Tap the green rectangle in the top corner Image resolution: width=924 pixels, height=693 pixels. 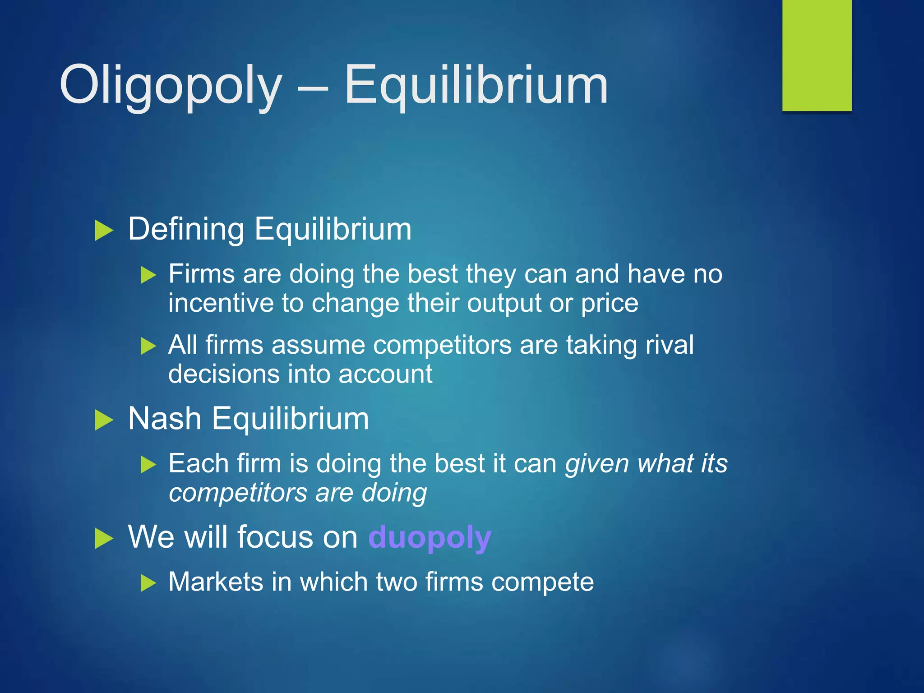point(817,55)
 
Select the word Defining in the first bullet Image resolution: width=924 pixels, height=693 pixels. point(186,229)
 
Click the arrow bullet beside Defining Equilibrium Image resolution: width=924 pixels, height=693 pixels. point(104,231)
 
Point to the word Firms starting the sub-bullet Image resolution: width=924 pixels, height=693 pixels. point(201,274)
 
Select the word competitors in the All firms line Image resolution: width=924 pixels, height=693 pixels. point(442,346)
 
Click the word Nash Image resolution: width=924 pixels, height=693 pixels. point(164,419)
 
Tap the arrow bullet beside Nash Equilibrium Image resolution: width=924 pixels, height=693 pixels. point(104,420)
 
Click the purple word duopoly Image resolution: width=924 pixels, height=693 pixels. point(430,537)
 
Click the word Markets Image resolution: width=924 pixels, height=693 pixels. point(216,582)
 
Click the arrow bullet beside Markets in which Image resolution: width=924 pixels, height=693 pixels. point(148,583)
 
